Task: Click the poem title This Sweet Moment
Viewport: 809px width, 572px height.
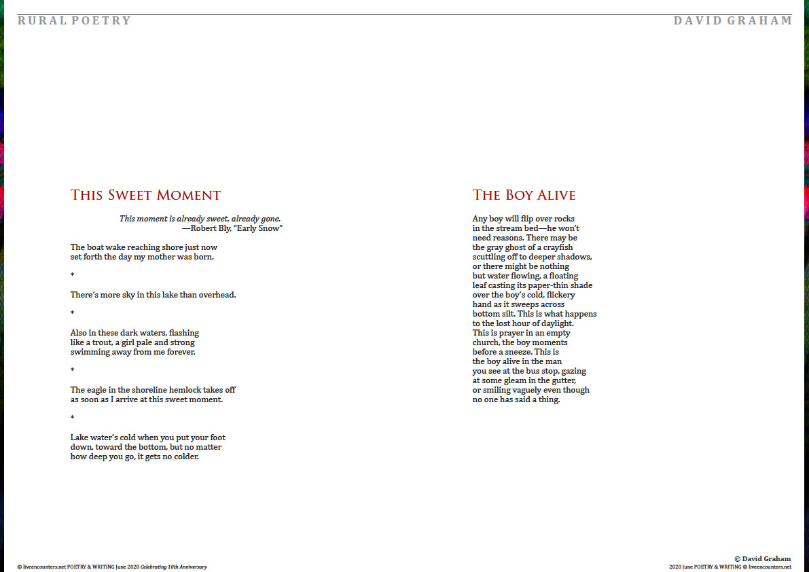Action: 145,196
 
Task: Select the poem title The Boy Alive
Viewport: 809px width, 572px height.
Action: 524,196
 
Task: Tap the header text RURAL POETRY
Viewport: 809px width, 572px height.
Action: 74,20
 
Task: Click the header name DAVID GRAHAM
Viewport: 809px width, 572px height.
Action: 733,20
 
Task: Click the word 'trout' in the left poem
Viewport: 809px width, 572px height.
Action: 109,342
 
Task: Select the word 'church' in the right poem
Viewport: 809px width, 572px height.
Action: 485,342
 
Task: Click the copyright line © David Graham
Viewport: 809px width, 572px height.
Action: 762,558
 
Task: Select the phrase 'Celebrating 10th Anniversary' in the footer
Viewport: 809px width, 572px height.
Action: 173,567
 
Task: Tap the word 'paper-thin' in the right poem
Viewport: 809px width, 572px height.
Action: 548,285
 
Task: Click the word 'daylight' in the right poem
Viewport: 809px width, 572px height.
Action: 554,323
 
